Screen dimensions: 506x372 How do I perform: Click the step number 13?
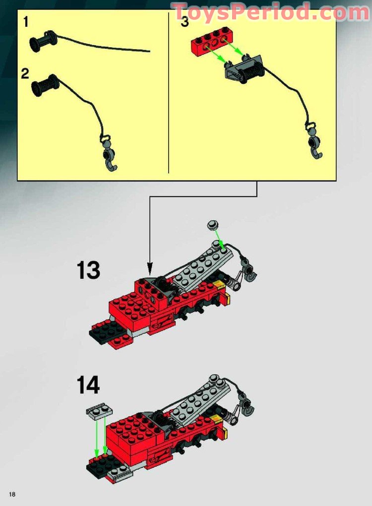[x=88, y=271]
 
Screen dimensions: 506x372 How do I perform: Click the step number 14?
[x=88, y=385]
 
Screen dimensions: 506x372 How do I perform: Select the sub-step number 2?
[x=25, y=74]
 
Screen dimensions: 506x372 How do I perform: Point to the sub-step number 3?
[x=185, y=23]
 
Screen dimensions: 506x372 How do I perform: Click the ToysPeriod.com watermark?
[x=270, y=12]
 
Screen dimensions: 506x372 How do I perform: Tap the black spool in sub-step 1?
[x=41, y=40]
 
